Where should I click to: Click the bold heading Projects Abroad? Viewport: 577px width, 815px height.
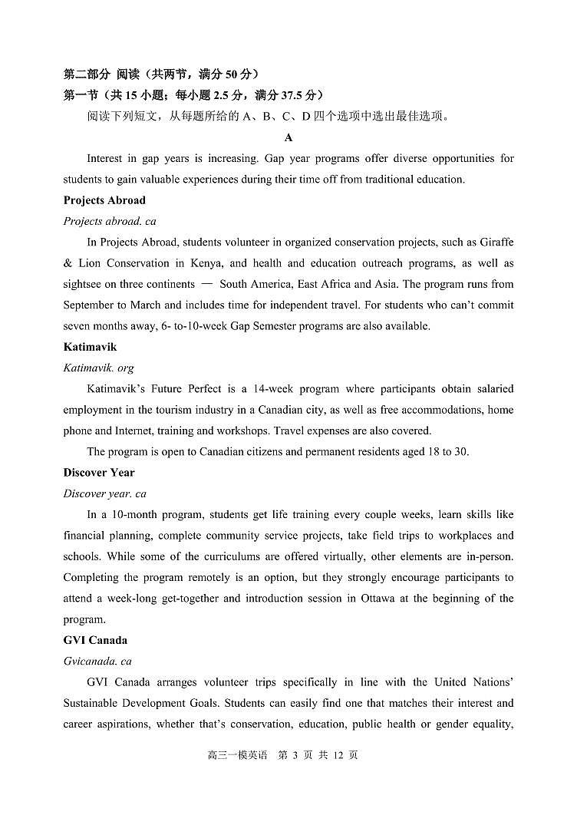point(104,200)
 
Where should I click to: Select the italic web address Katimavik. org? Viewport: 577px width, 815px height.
point(98,368)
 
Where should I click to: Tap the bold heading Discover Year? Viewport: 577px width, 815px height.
point(99,473)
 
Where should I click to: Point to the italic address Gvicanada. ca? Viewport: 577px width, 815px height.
point(97,661)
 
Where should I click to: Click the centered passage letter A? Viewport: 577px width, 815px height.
point(288,138)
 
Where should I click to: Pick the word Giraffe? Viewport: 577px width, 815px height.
point(496,243)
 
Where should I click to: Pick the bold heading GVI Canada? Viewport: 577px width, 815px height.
point(95,640)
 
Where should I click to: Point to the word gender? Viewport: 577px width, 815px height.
point(441,724)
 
